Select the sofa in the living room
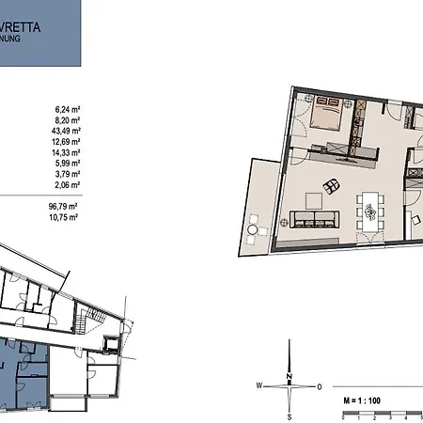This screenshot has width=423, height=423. [x=314, y=219]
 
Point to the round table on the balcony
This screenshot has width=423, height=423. [x=254, y=228]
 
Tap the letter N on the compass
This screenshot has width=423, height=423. [x=290, y=376]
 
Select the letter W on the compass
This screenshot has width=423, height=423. [x=258, y=385]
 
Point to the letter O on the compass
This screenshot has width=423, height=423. [x=320, y=385]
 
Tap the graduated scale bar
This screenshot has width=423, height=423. [x=380, y=411]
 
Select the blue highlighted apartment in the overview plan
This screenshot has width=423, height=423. [x=23, y=376]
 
